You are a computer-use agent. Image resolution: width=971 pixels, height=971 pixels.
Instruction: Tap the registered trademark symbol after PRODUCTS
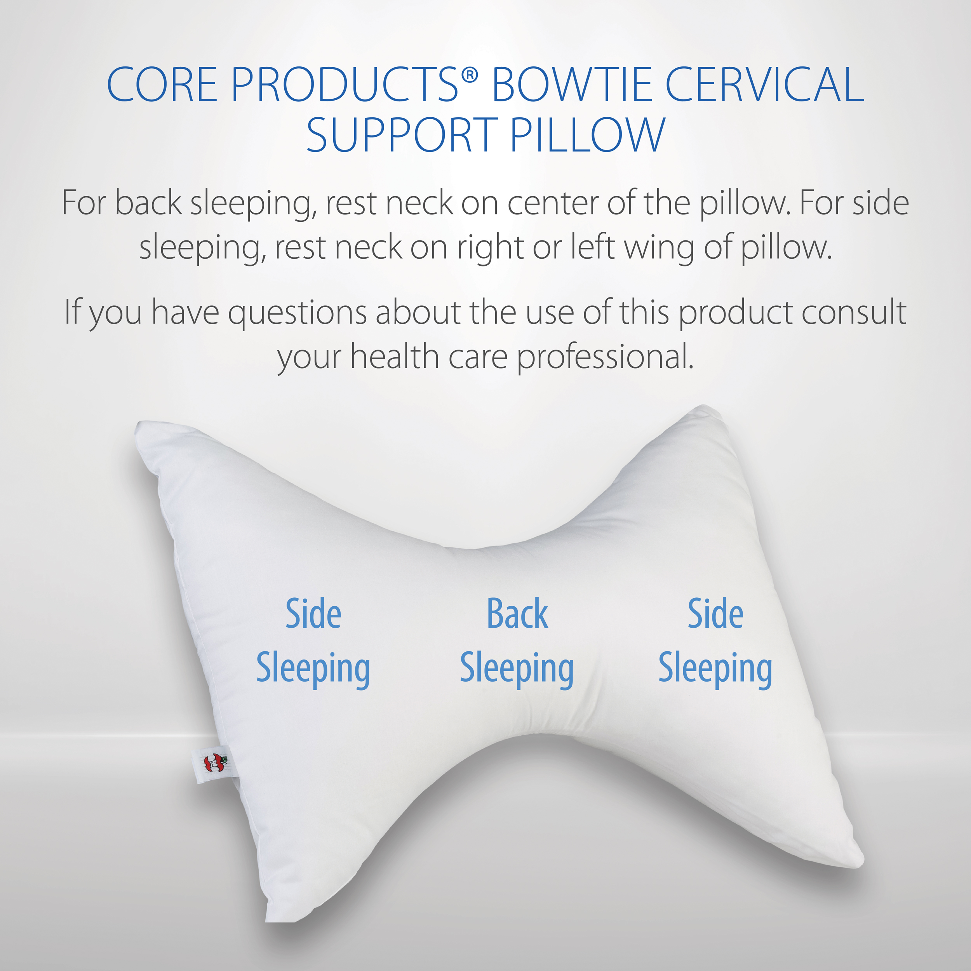click(470, 75)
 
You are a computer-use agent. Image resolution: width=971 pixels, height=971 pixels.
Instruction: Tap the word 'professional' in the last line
click(606, 357)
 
